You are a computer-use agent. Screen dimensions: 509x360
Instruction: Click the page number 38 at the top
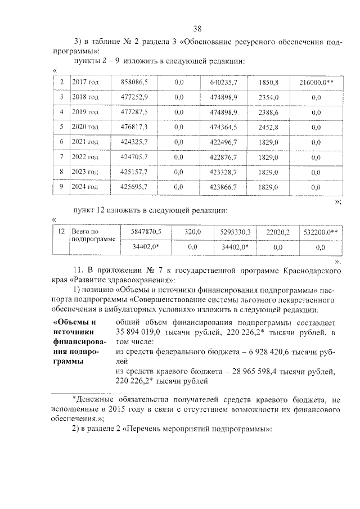click(197, 29)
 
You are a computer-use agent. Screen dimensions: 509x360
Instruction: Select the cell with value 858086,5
click(134, 83)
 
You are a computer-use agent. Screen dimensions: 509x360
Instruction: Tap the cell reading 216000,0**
click(316, 83)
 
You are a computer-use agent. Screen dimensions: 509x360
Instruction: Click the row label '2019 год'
click(85, 112)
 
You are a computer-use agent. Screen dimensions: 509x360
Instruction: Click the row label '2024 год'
click(85, 186)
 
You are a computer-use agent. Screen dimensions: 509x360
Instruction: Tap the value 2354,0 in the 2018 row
click(269, 97)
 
